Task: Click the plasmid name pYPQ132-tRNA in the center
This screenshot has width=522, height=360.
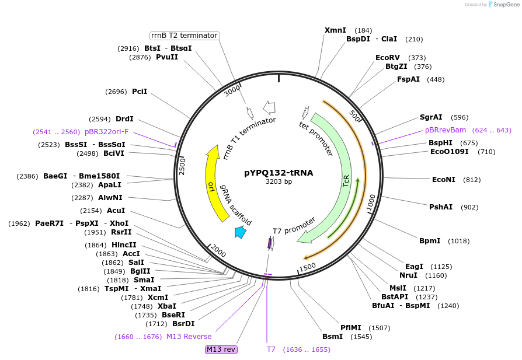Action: coord(279,173)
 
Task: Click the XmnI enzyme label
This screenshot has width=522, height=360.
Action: coord(335,30)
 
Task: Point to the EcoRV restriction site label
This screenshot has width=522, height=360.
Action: coord(388,58)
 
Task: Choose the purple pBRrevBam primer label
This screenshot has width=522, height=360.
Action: coord(446,130)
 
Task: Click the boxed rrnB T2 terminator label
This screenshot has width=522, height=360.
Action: coord(185,36)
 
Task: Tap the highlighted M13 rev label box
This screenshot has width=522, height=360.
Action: coord(221,349)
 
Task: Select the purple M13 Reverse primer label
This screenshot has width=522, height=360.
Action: coord(189,337)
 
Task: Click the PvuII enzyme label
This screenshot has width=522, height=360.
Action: coord(167,57)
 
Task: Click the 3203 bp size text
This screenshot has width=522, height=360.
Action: coord(279,182)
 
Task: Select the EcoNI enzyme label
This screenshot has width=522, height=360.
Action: coord(443,180)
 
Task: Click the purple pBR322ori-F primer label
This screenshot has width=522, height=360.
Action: coord(106,132)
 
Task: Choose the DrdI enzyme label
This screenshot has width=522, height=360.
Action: coord(124,119)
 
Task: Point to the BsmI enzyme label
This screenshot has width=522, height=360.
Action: coord(333,337)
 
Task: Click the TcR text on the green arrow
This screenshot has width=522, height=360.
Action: coord(346,181)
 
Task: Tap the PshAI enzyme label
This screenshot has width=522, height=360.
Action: coord(441,207)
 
